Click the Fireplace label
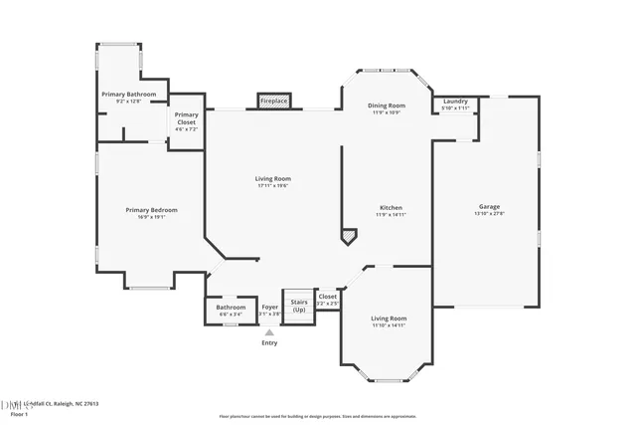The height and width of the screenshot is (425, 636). [273, 102]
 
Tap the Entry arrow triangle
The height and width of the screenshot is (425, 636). [269, 332]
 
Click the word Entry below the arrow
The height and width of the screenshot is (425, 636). [269, 343]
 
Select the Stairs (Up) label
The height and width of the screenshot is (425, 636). [297, 305]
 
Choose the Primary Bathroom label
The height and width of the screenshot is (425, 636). [129, 95]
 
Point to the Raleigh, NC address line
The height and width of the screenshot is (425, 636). [64, 403]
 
